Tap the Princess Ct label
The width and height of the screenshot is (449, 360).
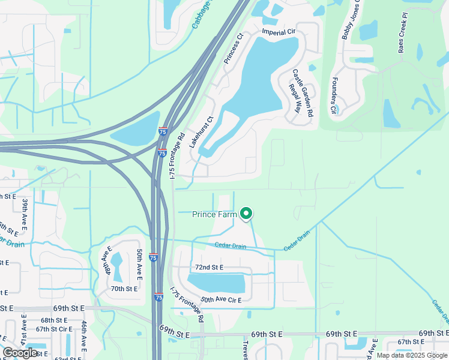tap(234, 48)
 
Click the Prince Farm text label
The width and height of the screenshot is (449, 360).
tap(214, 214)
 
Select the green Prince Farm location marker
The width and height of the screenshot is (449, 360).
tap(246, 213)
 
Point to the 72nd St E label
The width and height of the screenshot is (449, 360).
tap(209, 266)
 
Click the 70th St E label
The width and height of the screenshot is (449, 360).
tap(125, 289)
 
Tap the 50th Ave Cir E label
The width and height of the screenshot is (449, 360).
tap(221, 299)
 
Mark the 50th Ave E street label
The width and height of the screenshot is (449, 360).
tap(139, 265)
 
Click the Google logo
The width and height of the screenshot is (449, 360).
tap(20, 353)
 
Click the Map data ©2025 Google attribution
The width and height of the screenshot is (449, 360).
tap(412, 355)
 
